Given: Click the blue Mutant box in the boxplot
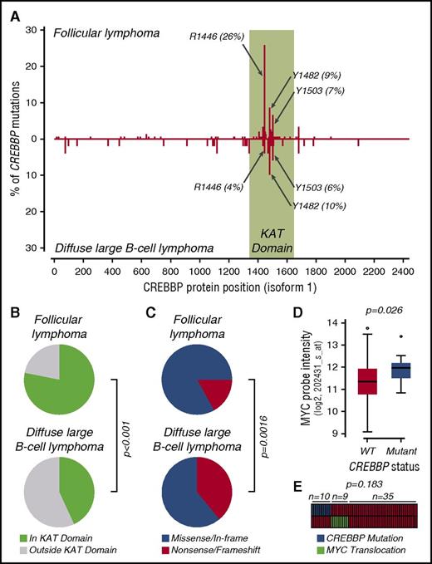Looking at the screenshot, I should tap(378, 370).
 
